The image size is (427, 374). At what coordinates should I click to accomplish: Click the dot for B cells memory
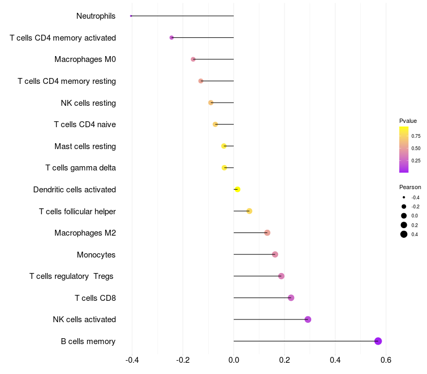pos(378,341)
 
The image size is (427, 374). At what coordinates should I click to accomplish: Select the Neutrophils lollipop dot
pos(131,16)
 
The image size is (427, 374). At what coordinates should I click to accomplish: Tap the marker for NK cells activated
pos(308,320)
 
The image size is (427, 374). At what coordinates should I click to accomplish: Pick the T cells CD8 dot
pos(291,298)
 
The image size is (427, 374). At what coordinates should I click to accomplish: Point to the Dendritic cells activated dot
pos(238,189)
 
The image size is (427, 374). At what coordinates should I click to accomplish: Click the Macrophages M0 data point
pos(193,59)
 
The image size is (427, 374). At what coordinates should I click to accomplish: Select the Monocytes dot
pos(275,254)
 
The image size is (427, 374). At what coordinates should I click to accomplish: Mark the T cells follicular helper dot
pos(249,211)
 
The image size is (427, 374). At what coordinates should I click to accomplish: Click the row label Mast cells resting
pos(85,146)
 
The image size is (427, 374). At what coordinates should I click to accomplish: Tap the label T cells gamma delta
pos(81,168)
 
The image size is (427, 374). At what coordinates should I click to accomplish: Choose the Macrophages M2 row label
pos(85,233)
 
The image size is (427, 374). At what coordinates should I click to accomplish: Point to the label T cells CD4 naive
pos(85,124)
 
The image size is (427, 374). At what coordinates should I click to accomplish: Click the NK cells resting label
pos(88,103)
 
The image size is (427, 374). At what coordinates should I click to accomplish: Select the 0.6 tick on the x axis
pos(386,360)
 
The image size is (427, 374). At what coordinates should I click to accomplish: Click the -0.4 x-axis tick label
pos(132,360)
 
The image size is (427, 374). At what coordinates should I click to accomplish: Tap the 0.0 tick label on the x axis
pos(234,360)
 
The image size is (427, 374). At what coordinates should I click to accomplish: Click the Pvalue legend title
pos(408,121)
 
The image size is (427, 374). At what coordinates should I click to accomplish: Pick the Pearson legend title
pos(410,187)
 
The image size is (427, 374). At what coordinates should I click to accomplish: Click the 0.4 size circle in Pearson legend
pos(404,234)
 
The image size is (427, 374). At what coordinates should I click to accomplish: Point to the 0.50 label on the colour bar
pos(416,148)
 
